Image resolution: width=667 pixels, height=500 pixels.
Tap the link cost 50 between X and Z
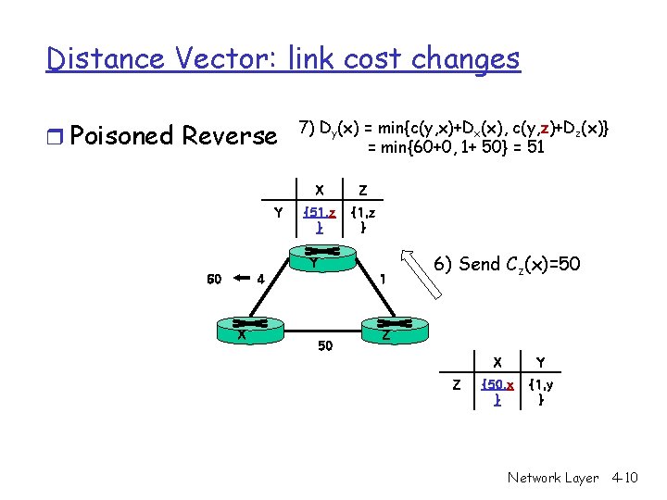[x=324, y=345]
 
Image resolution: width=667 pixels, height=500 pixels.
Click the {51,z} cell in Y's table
[x=319, y=219]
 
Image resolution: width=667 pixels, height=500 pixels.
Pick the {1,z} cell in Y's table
[x=363, y=219]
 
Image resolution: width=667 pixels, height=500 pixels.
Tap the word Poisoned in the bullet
[x=122, y=136]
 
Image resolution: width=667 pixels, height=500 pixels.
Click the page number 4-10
[x=625, y=478]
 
